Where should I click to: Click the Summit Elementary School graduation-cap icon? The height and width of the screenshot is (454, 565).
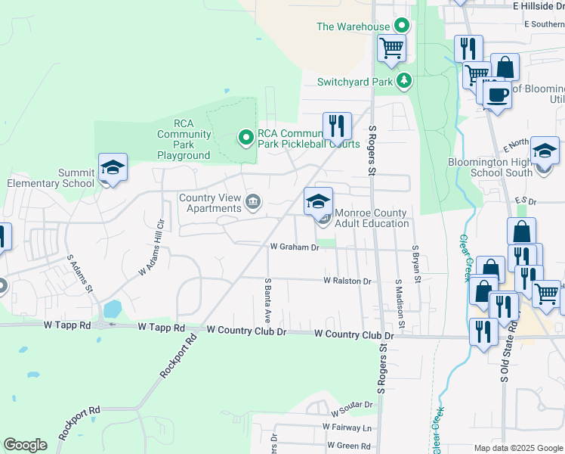(113, 167)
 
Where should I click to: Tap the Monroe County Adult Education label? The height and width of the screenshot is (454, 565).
(371, 218)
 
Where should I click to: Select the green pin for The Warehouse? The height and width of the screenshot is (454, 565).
(401, 26)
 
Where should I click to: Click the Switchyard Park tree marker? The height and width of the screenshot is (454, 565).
(405, 80)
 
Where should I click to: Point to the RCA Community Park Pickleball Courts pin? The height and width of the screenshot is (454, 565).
(245, 137)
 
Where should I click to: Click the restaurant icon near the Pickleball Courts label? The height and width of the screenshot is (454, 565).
(337, 126)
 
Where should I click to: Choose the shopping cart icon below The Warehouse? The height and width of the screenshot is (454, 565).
(391, 48)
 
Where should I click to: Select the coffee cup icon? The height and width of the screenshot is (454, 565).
(497, 95)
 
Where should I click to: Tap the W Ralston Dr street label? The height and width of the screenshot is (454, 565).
(347, 281)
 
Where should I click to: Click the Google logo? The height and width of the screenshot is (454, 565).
(26, 445)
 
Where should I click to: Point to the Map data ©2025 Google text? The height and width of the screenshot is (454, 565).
(517, 448)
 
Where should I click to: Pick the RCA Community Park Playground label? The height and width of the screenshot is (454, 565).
(184, 140)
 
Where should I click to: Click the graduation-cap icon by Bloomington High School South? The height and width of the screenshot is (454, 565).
(545, 151)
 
